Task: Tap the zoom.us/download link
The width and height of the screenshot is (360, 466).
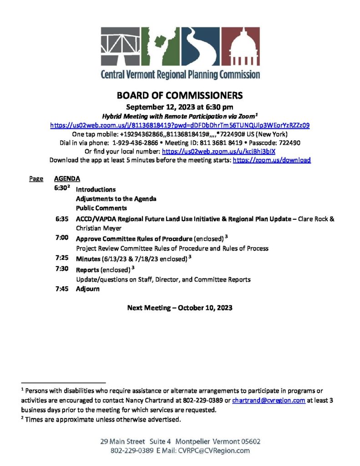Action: coord(272,160)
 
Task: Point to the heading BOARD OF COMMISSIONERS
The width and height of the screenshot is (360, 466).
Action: coord(180,96)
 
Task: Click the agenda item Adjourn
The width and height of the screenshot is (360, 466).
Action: coord(87,289)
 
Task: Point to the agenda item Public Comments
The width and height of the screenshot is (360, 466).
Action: coord(101,208)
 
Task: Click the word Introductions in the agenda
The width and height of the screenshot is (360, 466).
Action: coord(96,189)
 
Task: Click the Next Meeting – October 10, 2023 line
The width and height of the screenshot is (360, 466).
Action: coord(180,308)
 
